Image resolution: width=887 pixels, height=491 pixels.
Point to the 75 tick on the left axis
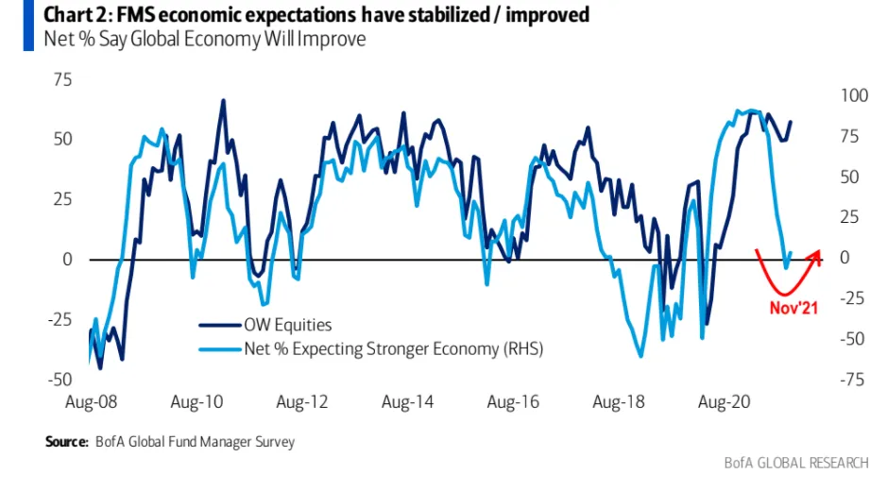[x=61, y=79]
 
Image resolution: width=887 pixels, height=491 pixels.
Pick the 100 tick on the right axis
[x=851, y=95]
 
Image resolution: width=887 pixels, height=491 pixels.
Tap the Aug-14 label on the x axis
[x=408, y=402]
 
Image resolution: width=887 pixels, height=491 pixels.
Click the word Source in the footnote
[x=65, y=441]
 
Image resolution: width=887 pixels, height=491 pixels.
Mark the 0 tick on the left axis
[x=66, y=259]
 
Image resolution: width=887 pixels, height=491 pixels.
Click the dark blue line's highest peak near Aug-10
[x=223, y=100]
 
